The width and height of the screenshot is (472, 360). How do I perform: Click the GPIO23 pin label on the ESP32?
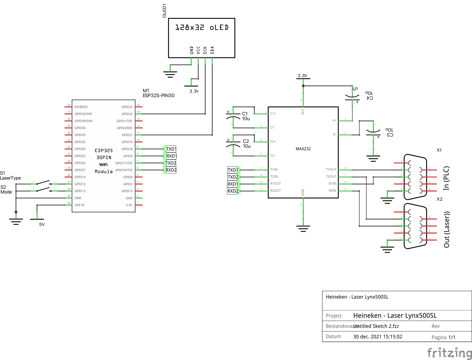point(127,107)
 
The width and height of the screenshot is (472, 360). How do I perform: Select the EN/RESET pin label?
point(81,107)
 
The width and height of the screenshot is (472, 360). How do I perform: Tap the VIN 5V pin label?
point(79,205)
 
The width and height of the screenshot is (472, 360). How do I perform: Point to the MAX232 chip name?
point(303,149)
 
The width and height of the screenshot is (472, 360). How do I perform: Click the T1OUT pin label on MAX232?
point(331,170)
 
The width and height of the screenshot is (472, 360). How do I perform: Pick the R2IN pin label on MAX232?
point(332,191)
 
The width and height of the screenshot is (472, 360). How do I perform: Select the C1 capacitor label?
point(245,114)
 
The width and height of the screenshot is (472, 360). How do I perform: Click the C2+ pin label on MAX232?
point(273,142)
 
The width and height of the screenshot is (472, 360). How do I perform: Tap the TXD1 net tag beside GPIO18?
point(171,149)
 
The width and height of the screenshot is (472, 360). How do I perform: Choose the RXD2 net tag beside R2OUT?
point(233,191)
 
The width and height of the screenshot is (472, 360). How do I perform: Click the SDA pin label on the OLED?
point(212,50)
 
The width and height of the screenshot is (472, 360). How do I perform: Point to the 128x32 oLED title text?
point(202,28)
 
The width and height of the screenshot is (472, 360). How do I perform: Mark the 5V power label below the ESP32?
point(42,224)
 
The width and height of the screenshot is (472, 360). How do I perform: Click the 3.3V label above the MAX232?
point(302,76)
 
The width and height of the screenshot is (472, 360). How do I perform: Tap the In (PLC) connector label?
point(446,178)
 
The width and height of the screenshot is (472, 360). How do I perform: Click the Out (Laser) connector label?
point(447,229)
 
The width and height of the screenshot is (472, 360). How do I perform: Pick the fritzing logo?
point(449,353)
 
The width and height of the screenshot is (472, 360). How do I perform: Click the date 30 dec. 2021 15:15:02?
point(377,337)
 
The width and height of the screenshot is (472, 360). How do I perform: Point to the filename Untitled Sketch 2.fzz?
point(376,326)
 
